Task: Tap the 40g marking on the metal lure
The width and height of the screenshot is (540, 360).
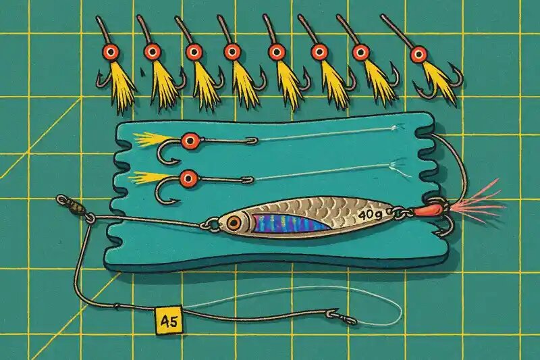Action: coord(370,215)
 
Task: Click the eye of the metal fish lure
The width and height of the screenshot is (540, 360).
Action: coord(234,223)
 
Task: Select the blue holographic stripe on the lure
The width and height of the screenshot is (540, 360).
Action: coord(290,224)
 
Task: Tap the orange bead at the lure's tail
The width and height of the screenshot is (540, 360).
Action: coord(426,209)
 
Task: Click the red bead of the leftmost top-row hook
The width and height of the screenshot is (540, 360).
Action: coord(111,52)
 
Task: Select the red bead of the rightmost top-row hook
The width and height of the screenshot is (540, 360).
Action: coord(419,54)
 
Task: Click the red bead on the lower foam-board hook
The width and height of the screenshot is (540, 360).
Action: coord(188,178)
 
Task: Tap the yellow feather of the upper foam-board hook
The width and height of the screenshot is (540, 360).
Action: coord(151,138)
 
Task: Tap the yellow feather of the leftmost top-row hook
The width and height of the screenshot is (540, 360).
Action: coord(122,86)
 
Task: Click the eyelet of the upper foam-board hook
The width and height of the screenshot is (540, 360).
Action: coord(252,140)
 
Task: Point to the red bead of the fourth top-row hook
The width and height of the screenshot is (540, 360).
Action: coord(232,52)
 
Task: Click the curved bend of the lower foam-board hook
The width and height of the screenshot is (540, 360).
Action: coord(165,197)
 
